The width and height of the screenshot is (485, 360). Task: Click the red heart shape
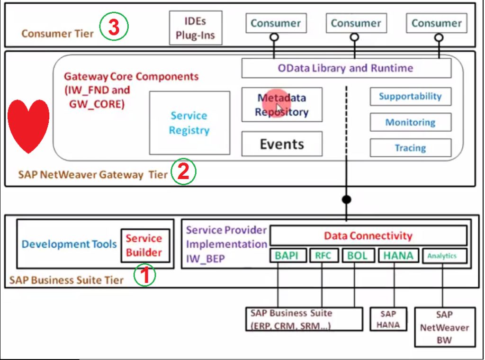pyautogui.click(x=29, y=126)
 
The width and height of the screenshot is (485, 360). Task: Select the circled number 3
pyautogui.click(x=114, y=27)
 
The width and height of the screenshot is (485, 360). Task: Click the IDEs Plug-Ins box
pyautogui.click(x=196, y=28)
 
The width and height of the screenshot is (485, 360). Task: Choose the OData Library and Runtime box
pyautogui.click(x=346, y=68)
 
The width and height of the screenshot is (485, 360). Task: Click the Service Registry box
pyautogui.click(x=189, y=123)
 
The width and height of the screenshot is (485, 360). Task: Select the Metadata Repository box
pyautogui.click(x=282, y=105)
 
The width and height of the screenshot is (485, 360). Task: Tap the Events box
pyautogui.click(x=282, y=144)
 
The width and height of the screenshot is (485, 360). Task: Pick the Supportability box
pyautogui.click(x=410, y=97)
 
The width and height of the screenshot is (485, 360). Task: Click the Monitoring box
pyautogui.click(x=410, y=122)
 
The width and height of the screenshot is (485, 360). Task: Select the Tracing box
pyautogui.click(x=410, y=148)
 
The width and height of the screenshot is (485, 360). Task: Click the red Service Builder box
pyautogui.click(x=144, y=245)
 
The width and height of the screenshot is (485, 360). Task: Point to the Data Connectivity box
pyautogui.click(x=368, y=235)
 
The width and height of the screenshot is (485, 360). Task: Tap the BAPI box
pyautogui.click(x=287, y=256)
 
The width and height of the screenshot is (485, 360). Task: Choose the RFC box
pyautogui.click(x=323, y=256)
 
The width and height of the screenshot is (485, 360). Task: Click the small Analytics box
pyautogui.click(x=442, y=256)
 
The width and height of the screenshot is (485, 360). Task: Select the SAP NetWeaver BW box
pyautogui.click(x=444, y=327)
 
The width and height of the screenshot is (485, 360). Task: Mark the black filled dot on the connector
pyautogui.click(x=347, y=199)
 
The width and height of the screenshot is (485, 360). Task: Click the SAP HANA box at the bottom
pyautogui.click(x=388, y=319)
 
